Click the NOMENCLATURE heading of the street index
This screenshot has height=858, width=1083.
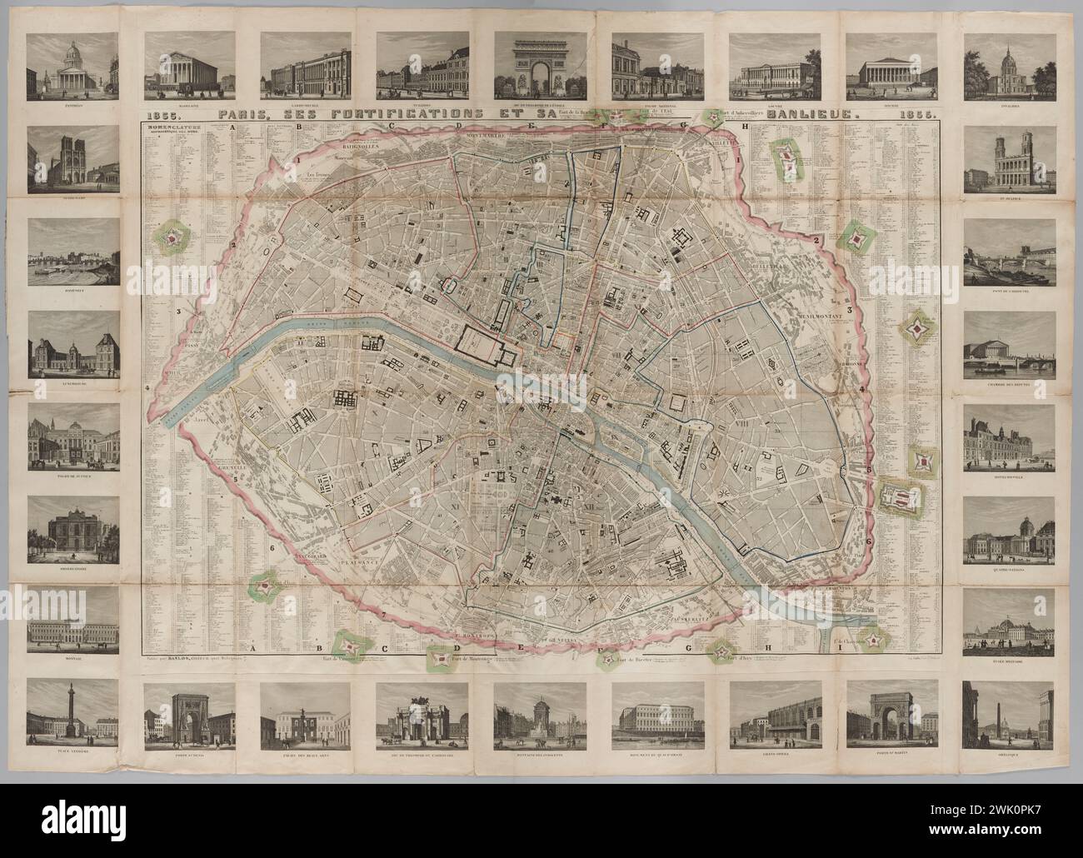(170, 127)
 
